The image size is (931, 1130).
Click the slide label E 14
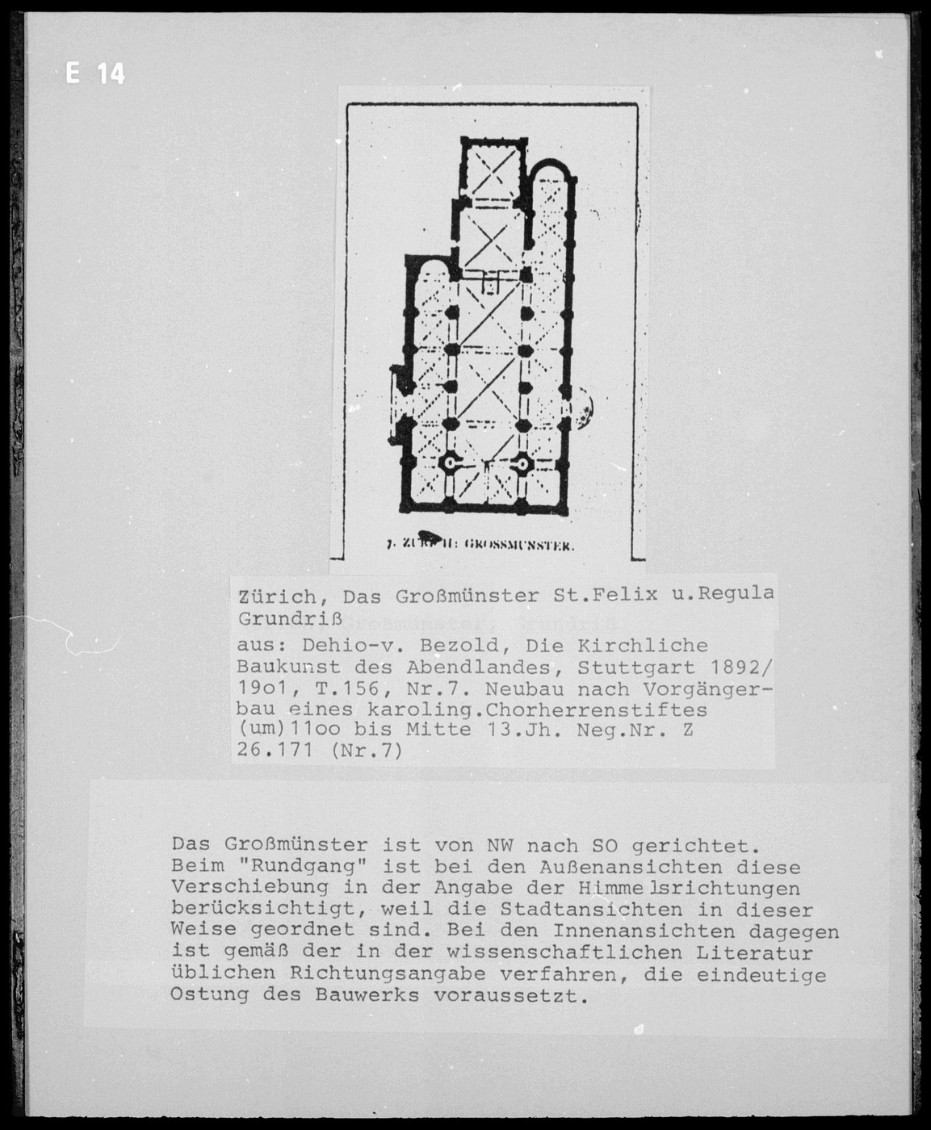(95, 74)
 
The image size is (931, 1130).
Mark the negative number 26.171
(277, 751)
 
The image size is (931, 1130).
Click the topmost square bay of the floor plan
(493, 169)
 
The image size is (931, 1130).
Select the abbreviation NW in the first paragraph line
(498, 846)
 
